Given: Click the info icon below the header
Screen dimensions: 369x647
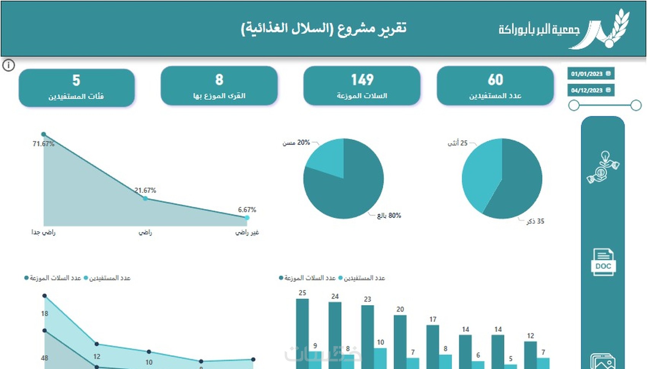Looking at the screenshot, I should pos(8,65).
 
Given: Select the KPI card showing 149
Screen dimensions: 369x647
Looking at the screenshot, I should pos(362,86).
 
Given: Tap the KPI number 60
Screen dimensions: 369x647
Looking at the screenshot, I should pos(495,80).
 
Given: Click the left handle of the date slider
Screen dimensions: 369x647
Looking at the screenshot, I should pos(574,105).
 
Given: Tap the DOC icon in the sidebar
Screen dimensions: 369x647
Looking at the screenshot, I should pos(603,262).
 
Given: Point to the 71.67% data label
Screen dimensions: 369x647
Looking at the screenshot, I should pos(43,144).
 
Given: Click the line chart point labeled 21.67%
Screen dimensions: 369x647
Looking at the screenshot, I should pos(145,198).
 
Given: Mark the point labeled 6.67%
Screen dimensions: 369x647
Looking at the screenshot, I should pos(247,218).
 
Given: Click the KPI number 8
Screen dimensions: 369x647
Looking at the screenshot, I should pos(219,80).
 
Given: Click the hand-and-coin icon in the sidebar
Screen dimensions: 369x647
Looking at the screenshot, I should pos(603,167).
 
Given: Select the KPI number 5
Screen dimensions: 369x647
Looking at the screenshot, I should pos(76,81).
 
